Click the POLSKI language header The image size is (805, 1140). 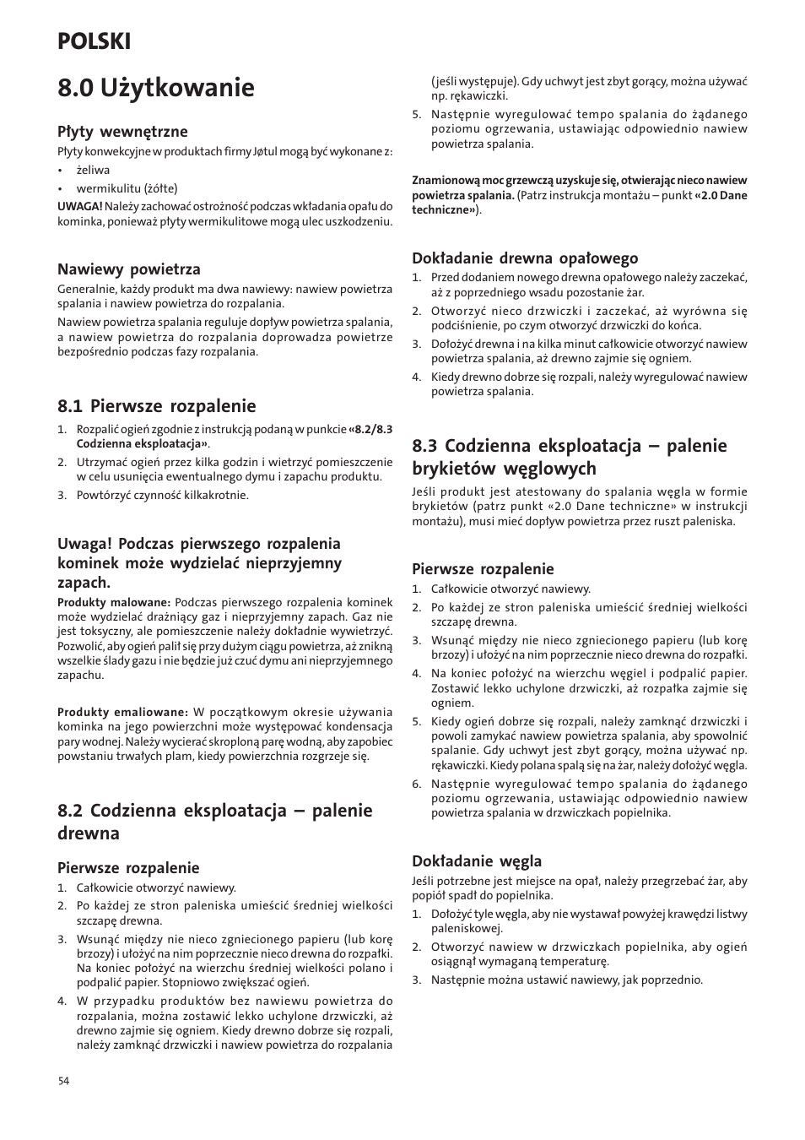[x=94, y=41]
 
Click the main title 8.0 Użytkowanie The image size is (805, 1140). [x=155, y=87]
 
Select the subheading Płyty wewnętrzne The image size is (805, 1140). [x=122, y=131]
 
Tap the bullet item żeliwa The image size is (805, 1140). [x=93, y=170]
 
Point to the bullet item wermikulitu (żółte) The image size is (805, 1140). [x=127, y=188]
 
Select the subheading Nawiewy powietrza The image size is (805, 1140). [x=128, y=269]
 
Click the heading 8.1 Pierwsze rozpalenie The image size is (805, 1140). [x=156, y=405]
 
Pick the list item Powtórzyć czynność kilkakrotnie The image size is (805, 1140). [x=162, y=495]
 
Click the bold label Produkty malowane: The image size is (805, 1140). [x=114, y=602]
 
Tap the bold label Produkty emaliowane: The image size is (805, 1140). [x=122, y=712]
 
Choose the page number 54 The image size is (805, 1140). [x=63, y=1082]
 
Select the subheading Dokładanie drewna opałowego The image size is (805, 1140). [x=524, y=258]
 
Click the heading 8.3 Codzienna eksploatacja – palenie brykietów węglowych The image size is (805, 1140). [x=569, y=457]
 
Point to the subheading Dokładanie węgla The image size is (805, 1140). [x=476, y=860]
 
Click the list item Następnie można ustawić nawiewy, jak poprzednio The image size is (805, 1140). [x=566, y=980]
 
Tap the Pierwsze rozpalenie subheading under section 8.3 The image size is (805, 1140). [x=483, y=568]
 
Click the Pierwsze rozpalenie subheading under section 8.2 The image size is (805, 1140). [x=128, y=867]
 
